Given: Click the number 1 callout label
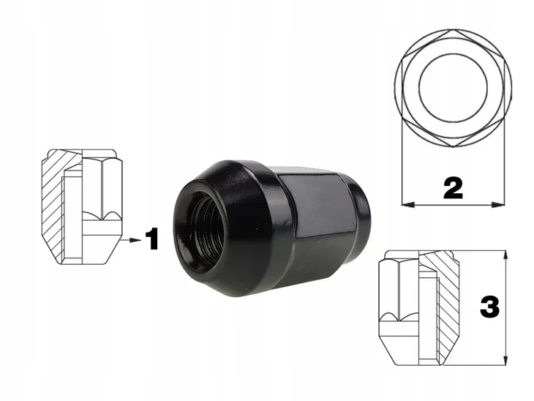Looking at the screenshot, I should [x=151, y=239].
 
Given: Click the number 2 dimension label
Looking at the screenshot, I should [x=453, y=188].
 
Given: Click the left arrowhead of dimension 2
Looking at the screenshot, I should [x=405, y=203].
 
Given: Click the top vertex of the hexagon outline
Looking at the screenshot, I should [x=453, y=31].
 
